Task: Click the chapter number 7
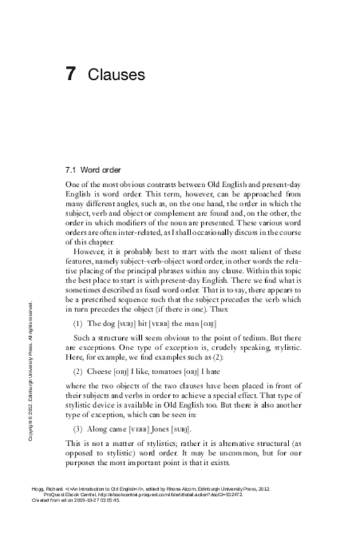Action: [x=71, y=74]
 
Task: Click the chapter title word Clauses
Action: [x=116, y=75]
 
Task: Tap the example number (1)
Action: [x=80, y=324]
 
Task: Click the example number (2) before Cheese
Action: [x=80, y=370]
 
